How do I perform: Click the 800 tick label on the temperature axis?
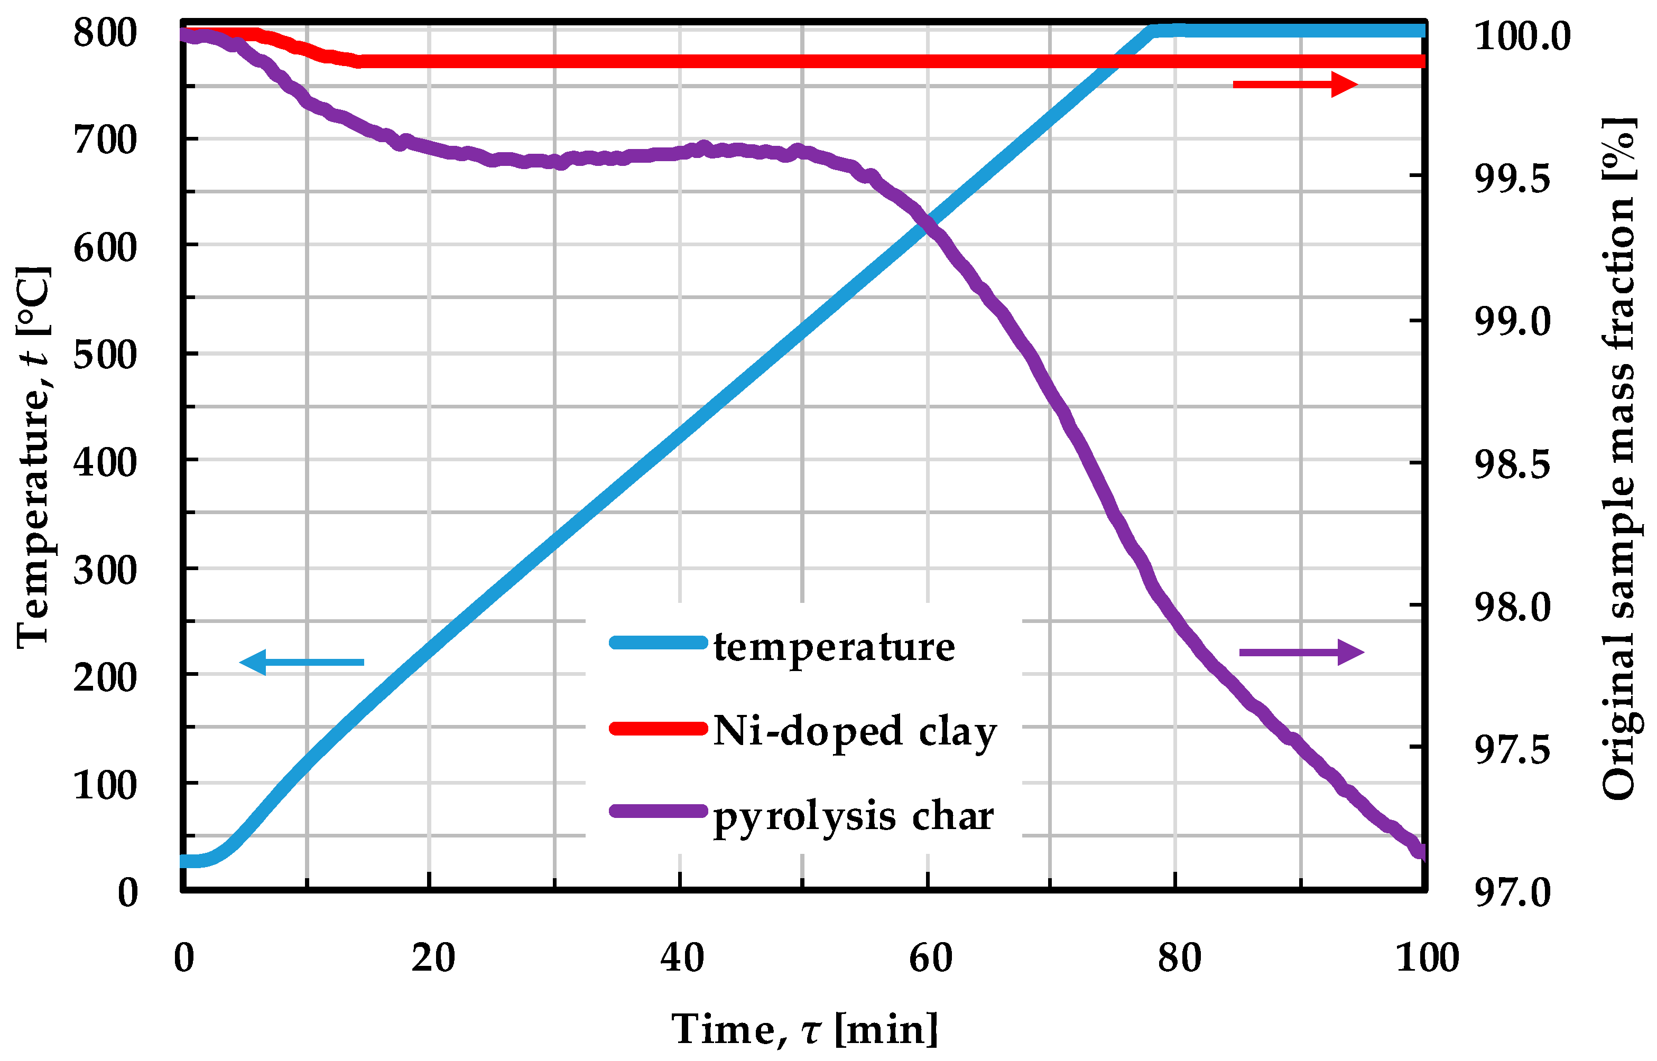105,33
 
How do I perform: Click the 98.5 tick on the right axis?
1512,464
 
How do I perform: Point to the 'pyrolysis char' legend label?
853,817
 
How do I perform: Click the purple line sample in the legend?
658,811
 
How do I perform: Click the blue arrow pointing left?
302,662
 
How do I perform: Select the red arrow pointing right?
1294,85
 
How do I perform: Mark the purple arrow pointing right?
1301,652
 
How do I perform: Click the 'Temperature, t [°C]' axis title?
33,457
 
